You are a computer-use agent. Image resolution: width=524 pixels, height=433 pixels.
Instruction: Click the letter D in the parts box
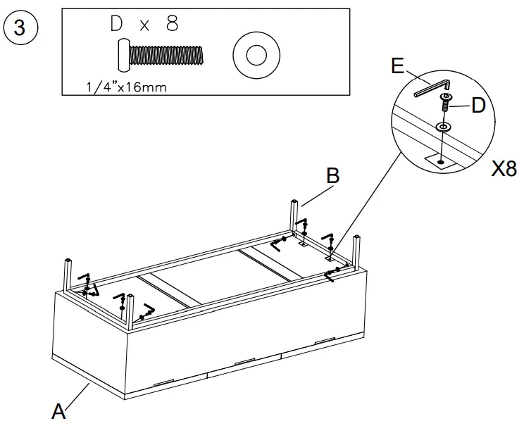point(118,25)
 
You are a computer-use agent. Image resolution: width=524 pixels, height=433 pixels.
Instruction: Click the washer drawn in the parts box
point(254,55)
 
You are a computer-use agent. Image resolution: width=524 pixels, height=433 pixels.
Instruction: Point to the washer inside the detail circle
point(442,127)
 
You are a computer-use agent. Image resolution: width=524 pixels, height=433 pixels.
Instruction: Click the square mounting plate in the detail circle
point(440,161)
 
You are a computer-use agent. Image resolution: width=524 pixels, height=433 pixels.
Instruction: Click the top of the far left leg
point(68,263)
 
